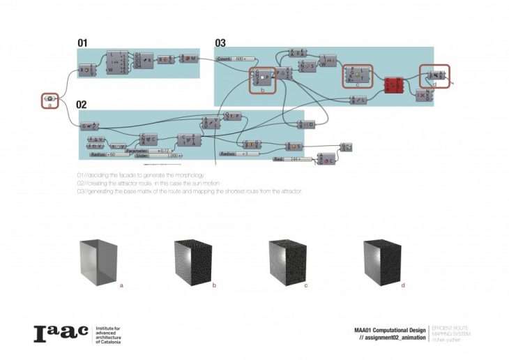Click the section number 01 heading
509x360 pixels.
click(x=82, y=43)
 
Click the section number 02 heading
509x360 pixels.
click(x=82, y=104)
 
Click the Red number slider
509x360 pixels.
click(x=289, y=159)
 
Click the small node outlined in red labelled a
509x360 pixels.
click(x=50, y=100)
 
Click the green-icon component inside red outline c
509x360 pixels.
click(x=358, y=75)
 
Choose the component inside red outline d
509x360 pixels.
click(x=434, y=75)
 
